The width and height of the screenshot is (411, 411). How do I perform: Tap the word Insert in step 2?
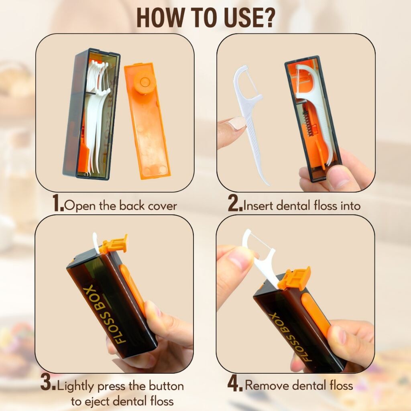tap(258, 205)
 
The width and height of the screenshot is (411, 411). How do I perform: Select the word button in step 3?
tap(166, 386)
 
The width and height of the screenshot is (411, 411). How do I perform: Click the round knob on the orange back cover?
tap(144, 82)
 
